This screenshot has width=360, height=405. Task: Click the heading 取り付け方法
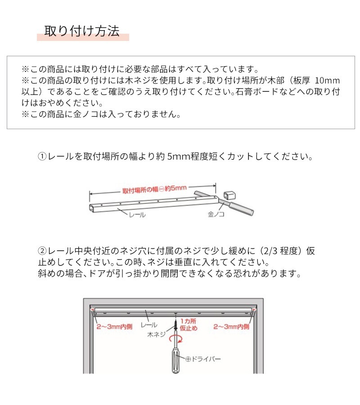[82, 31]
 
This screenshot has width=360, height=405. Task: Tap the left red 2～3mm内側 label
[112, 327]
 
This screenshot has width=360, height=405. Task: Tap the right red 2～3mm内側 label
[231, 327]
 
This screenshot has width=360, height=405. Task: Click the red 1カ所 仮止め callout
[189, 324]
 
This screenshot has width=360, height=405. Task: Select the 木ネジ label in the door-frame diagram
[156, 335]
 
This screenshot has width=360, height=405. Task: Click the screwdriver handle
[175, 360]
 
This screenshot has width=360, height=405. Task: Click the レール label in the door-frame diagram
[149, 324]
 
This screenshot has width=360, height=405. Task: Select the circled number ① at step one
[42, 157]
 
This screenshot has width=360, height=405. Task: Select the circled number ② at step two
[42, 251]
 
